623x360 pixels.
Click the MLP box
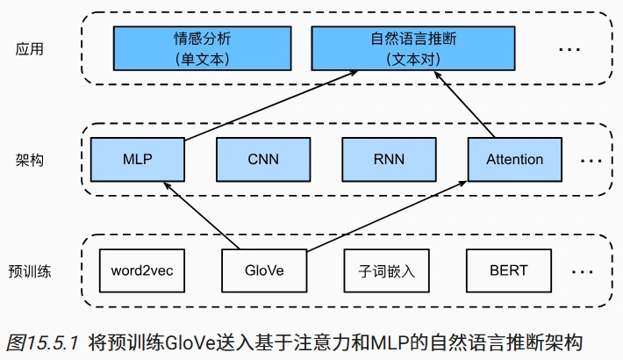point(138,160)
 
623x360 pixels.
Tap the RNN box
point(389,160)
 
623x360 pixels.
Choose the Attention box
point(514,160)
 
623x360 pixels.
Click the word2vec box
point(142,270)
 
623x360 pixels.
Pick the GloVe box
point(264,270)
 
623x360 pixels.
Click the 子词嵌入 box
point(387,270)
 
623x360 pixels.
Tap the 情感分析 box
point(200,49)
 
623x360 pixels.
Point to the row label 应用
point(29,49)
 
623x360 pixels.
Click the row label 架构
point(29,160)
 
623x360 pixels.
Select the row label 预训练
point(29,270)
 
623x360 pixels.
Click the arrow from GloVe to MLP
point(200,214)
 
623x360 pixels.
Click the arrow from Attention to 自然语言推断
point(465,104)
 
